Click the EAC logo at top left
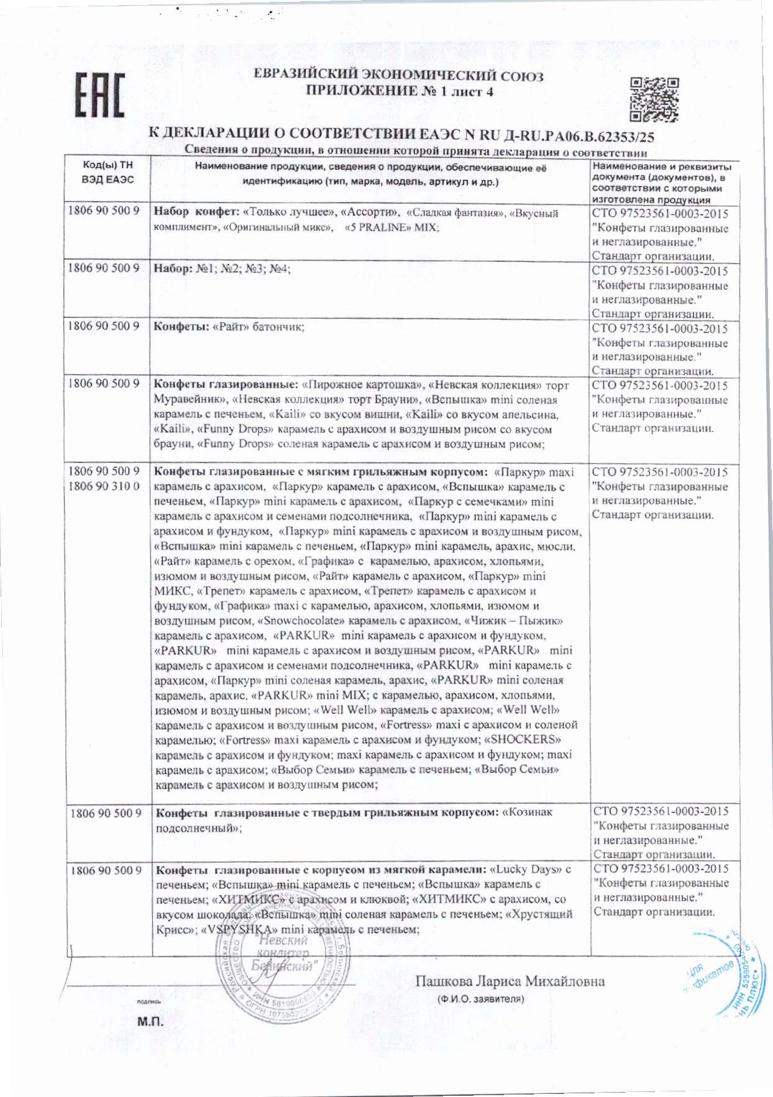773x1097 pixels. click(x=99, y=95)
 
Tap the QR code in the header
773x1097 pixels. click(x=654, y=99)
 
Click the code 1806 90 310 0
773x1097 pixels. click(x=104, y=486)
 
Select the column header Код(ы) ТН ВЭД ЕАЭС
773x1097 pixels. click(x=107, y=172)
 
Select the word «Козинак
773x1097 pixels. click(x=526, y=812)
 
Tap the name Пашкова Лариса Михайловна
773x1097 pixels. click(x=510, y=981)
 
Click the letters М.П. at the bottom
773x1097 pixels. click(x=150, y=1022)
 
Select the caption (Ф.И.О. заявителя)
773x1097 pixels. click(x=480, y=999)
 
